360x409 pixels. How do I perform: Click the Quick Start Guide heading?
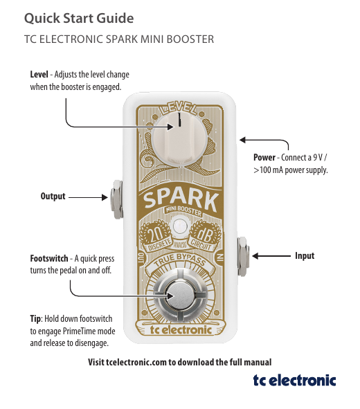[79, 19]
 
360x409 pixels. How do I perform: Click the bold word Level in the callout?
[39, 74]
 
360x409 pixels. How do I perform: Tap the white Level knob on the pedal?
[180, 140]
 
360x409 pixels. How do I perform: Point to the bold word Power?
[264, 158]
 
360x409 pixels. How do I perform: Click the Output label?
[53, 196]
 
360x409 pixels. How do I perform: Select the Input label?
[305, 255]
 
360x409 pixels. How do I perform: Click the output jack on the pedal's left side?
[116, 199]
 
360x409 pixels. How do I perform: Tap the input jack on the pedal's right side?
[243, 257]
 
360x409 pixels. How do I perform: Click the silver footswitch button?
[180, 297]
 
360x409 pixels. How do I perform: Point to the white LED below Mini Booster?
[179, 226]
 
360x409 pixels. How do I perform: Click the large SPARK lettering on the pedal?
[180, 201]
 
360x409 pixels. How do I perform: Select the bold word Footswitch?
[49, 258]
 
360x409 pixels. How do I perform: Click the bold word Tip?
[35, 319]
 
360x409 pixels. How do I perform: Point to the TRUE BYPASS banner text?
[180, 260]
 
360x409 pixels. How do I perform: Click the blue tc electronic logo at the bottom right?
[294, 381]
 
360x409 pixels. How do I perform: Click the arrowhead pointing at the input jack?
[255, 256]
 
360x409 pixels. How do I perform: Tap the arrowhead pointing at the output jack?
[105, 197]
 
